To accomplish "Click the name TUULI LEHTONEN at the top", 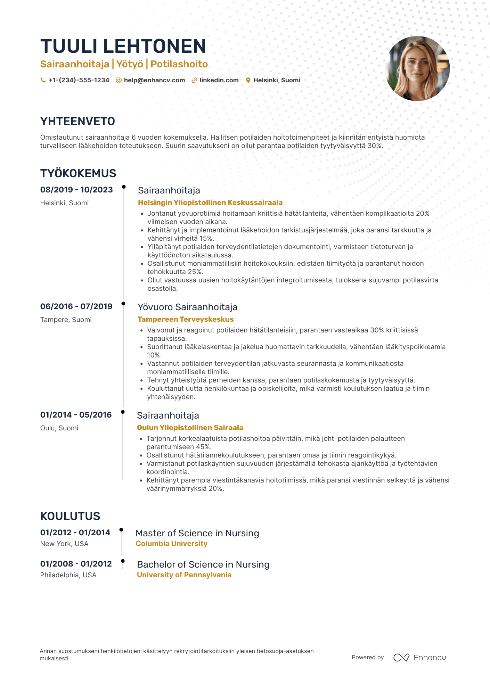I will coord(123,46).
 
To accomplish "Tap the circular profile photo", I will coord(417,68).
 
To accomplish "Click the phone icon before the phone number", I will coord(43,80).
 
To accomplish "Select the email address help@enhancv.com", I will coord(154,80).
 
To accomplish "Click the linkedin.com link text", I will coord(219,80).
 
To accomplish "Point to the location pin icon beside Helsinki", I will coord(248,80).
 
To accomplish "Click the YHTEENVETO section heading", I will coord(77,121).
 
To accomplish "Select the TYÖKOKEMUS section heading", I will coord(78,173).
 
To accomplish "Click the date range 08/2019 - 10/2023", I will coord(76,190).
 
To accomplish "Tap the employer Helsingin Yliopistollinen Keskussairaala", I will coord(210,203).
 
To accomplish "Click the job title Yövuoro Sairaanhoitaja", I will coord(187,307).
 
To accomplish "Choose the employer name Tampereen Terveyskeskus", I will coord(186,319).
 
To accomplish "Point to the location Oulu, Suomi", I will coord(59,428).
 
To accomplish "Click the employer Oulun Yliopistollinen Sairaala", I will coord(190,428).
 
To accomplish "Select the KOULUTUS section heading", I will coord(70,516).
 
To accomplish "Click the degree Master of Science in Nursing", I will coord(197,533).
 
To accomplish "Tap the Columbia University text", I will coord(171,544).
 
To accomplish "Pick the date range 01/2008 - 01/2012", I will coord(76,564).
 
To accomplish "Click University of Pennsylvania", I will coord(184,575).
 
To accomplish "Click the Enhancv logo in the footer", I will coord(419,658).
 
